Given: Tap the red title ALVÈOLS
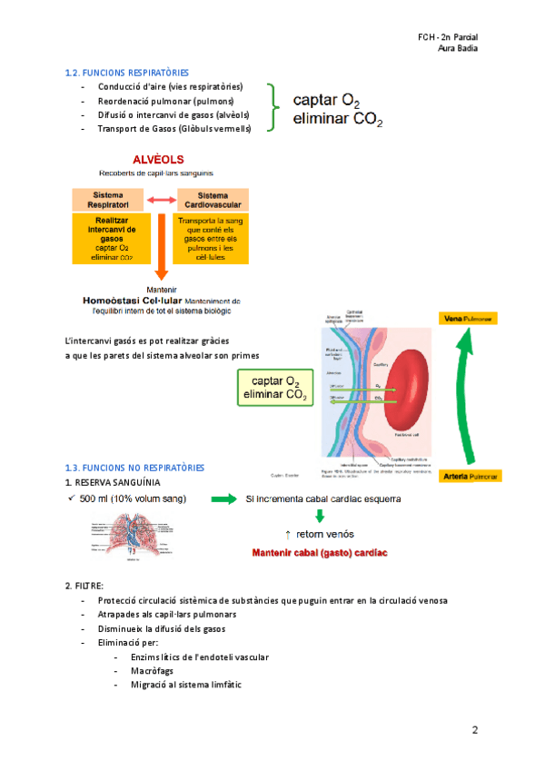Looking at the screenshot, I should [x=158, y=159].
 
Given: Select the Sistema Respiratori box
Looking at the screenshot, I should [x=108, y=200].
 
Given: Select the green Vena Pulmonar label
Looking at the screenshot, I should [x=470, y=320].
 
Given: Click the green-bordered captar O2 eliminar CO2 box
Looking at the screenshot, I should [x=274, y=388].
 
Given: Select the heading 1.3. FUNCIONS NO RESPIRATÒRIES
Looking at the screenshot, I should [x=134, y=467].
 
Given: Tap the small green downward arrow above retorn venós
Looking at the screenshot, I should [x=319, y=517].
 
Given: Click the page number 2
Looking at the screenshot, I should [x=474, y=729].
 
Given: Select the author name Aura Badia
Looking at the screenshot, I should [x=458, y=49].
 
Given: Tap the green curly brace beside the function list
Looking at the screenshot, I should [x=272, y=108].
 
